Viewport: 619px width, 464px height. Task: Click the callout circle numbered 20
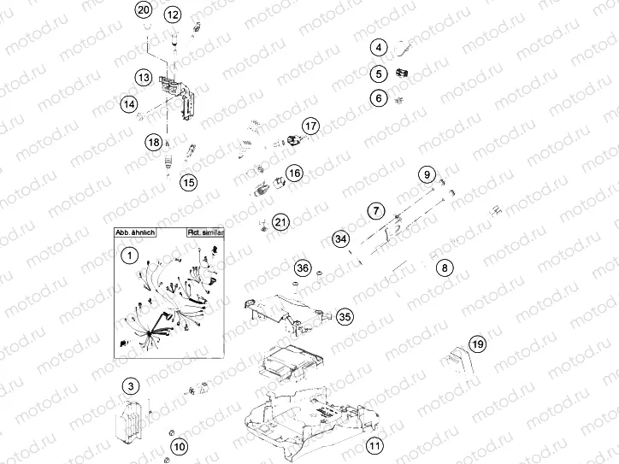144,11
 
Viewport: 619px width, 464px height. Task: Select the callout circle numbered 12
173,15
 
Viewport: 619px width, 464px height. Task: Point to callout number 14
128,104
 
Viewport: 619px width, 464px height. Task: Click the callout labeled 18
153,142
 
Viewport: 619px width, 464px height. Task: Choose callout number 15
188,181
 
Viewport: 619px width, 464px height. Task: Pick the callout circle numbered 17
310,126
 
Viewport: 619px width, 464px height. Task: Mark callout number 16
294,173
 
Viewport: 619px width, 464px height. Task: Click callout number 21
281,223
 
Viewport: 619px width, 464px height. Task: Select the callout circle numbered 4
378,48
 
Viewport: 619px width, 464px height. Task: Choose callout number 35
344,316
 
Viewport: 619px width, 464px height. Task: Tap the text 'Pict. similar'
203,232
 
